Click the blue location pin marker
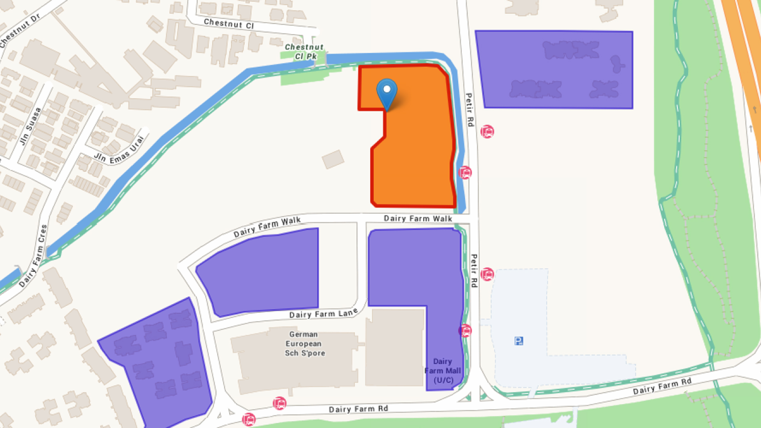click(386, 92)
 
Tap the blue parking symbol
click(518, 341)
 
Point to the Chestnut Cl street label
click(229, 24)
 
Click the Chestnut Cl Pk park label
click(304, 52)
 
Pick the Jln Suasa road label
click(31, 126)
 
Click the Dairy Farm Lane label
click(323, 314)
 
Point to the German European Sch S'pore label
click(304, 344)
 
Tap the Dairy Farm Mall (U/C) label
click(443, 371)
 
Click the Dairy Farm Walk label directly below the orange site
click(418, 218)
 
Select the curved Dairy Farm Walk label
click(267, 227)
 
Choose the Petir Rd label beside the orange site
click(470, 110)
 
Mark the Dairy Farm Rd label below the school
click(358, 409)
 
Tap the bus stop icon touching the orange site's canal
click(465, 173)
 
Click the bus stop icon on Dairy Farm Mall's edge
click(465, 330)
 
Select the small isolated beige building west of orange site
click(333, 159)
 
